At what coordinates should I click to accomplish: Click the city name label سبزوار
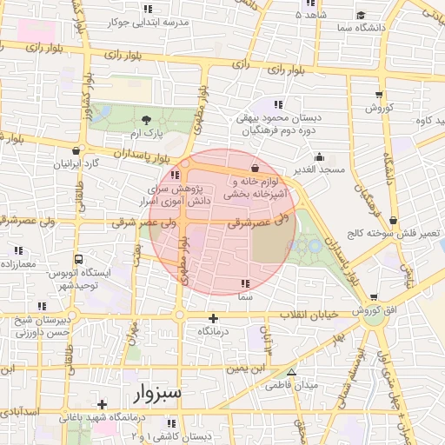click(x=158, y=395)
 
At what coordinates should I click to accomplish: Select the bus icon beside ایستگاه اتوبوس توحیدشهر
click(x=79, y=259)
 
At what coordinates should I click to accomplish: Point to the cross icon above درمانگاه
click(x=214, y=318)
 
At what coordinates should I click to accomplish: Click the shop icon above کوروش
click(x=380, y=93)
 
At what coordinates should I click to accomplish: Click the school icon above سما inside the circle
click(x=246, y=284)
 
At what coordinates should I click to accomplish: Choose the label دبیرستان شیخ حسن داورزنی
click(x=41, y=326)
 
